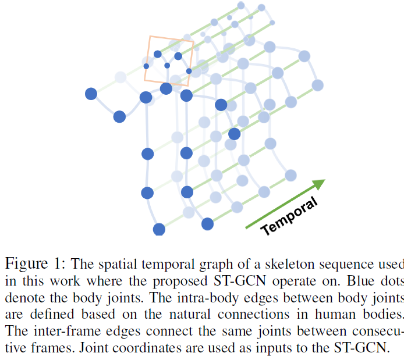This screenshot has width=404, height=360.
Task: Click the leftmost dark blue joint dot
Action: (91, 94)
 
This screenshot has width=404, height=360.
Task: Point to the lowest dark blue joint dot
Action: (159, 229)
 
